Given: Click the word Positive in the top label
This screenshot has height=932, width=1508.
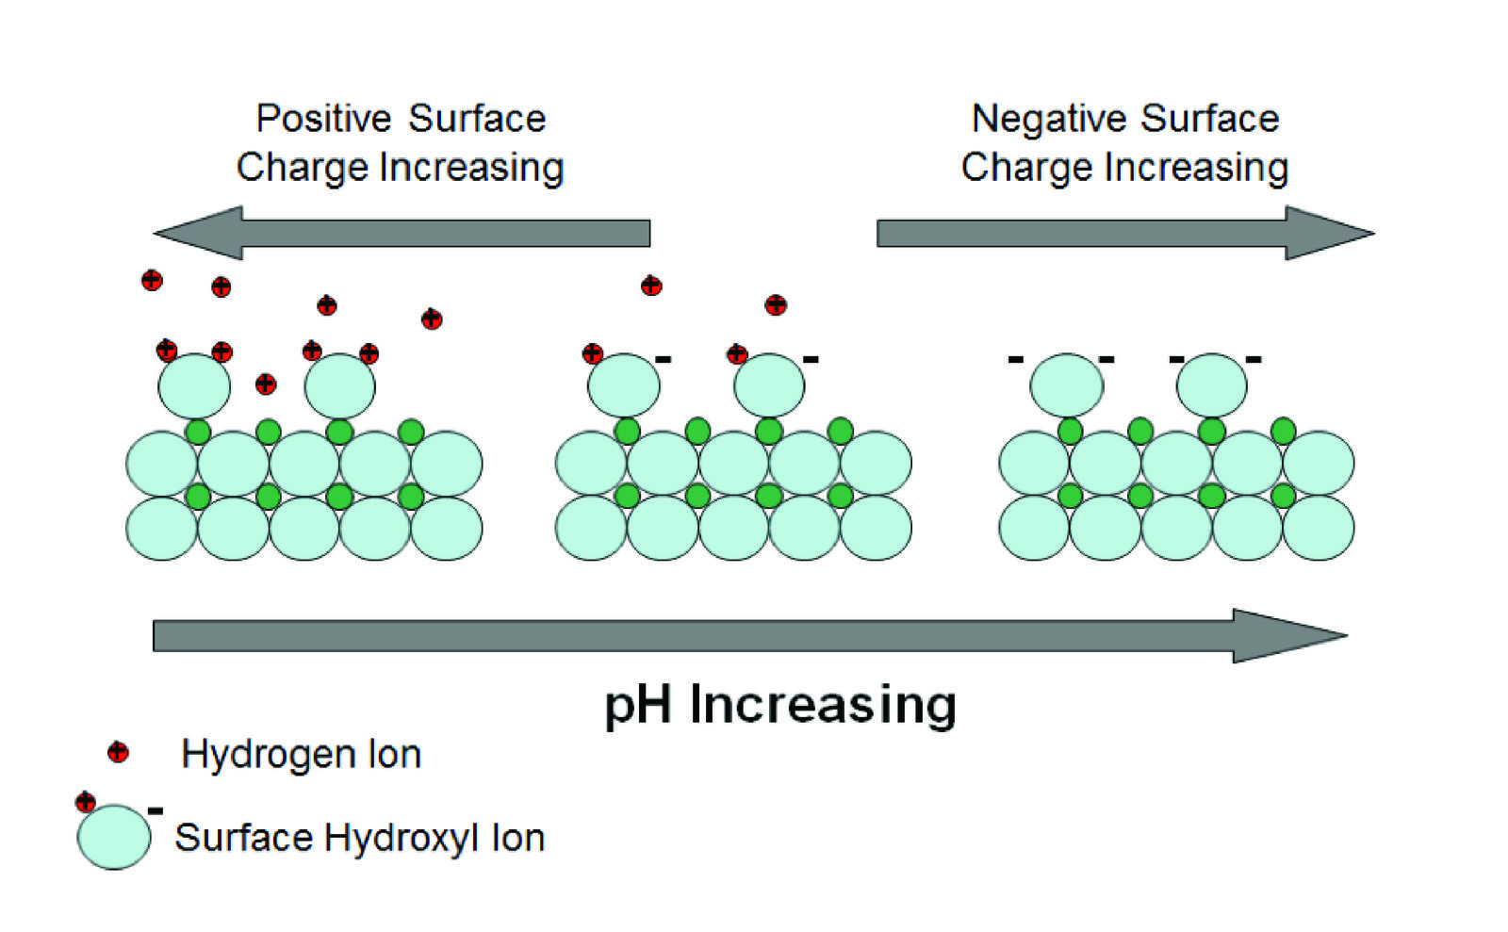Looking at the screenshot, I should (x=323, y=119).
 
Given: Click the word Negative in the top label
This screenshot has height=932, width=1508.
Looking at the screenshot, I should (x=1048, y=119).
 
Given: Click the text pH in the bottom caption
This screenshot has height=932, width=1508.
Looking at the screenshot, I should (x=637, y=705).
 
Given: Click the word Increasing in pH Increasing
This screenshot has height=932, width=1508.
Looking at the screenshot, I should (x=823, y=705).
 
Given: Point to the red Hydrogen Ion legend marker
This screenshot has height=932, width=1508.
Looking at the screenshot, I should (x=118, y=752).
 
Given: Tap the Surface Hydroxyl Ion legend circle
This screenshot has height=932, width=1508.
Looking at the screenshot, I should (x=114, y=837).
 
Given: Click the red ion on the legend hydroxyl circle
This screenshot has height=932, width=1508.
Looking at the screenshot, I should (x=86, y=802).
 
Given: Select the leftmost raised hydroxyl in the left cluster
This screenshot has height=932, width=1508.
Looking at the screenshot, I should (x=194, y=386).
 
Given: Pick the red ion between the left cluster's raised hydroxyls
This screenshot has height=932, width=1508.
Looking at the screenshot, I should (x=266, y=384).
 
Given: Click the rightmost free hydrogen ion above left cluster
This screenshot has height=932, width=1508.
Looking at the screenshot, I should (x=432, y=319).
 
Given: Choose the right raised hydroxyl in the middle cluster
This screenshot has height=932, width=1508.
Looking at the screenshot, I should (x=769, y=386).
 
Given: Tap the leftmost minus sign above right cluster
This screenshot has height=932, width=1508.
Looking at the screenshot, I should (x=1015, y=359).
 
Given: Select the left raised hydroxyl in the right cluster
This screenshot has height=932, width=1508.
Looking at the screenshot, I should (x=1066, y=385).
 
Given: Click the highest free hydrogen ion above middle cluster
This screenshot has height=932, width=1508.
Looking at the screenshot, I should (x=651, y=286).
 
